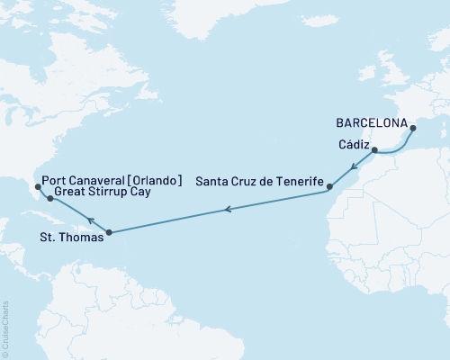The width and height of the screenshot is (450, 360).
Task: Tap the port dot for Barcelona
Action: [x=414, y=128]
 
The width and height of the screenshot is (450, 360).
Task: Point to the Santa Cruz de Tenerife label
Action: [x=260, y=182]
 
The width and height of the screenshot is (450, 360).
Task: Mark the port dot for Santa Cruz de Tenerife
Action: [x=329, y=187]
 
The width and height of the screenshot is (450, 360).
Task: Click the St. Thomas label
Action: [x=75, y=238]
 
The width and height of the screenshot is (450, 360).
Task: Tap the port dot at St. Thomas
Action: [x=109, y=233]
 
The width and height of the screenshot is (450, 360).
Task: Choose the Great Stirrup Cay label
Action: [x=100, y=192]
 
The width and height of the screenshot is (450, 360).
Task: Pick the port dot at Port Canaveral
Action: [x=36, y=187]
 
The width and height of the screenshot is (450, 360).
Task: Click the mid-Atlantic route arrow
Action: [x=228, y=211]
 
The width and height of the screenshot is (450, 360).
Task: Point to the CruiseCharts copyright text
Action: [x=6, y=328]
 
